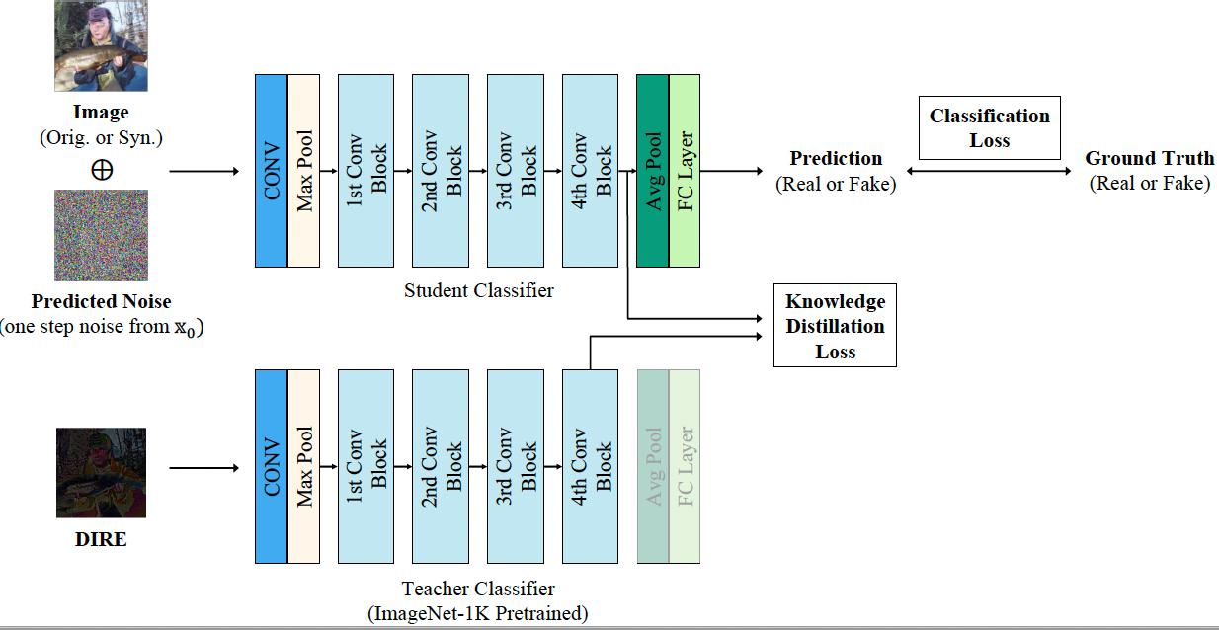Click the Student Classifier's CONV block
pos(271,171)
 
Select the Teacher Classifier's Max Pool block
pos(304,466)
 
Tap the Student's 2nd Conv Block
pos(441,171)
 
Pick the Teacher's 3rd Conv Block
pos(516,466)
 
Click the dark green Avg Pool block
pos(653,171)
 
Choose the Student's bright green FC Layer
pos(685,171)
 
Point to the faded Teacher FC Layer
pos(685,466)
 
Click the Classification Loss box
pos(989,128)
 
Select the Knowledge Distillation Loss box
pos(835,326)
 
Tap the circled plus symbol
pos(101,170)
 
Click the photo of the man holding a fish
pos(101,45)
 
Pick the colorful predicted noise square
pos(101,236)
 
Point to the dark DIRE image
pos(101,473)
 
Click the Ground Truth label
pos(1149,159)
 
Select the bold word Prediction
pos(836,159)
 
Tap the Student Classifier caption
pos(479,290)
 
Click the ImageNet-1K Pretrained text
pos(479,613)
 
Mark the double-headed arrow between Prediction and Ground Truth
pos(988,171)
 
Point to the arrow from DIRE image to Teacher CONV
pos(203,467)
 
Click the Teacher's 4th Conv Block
pos(591,466)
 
